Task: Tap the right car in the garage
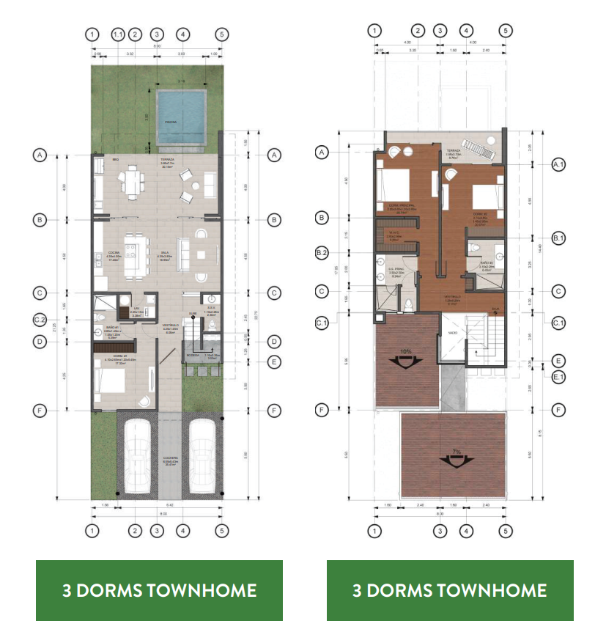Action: [201, 455]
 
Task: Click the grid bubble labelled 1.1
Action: [118, 34]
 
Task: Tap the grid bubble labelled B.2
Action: [321, 253]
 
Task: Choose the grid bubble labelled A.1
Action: [558, 165]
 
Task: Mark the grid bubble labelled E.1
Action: [558, 377]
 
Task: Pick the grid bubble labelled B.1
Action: [558, 238]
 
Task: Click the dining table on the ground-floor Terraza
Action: [133, 180]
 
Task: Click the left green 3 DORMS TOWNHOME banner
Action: [159, 590]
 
